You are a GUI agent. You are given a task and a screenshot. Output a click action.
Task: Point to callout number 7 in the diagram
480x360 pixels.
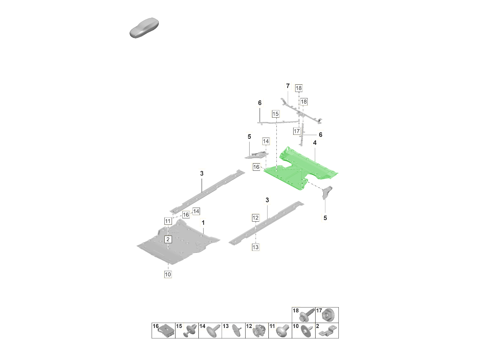click(287, 86)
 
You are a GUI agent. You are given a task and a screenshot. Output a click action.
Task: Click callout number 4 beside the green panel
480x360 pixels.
click(315, 143)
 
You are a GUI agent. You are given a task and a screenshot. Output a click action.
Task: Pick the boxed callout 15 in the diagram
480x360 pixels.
click(275, 114)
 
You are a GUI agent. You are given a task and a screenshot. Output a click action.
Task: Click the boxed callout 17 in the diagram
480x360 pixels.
click(296, 131)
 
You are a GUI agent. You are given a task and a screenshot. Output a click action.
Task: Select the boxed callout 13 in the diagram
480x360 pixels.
click(256, 247)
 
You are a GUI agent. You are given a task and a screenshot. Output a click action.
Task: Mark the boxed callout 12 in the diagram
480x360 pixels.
click(256, 218)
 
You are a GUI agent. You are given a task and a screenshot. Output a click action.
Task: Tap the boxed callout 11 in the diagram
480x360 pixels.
click(168, 221)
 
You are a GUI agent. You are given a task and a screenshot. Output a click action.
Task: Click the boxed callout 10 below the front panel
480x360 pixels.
click(168, 274)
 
